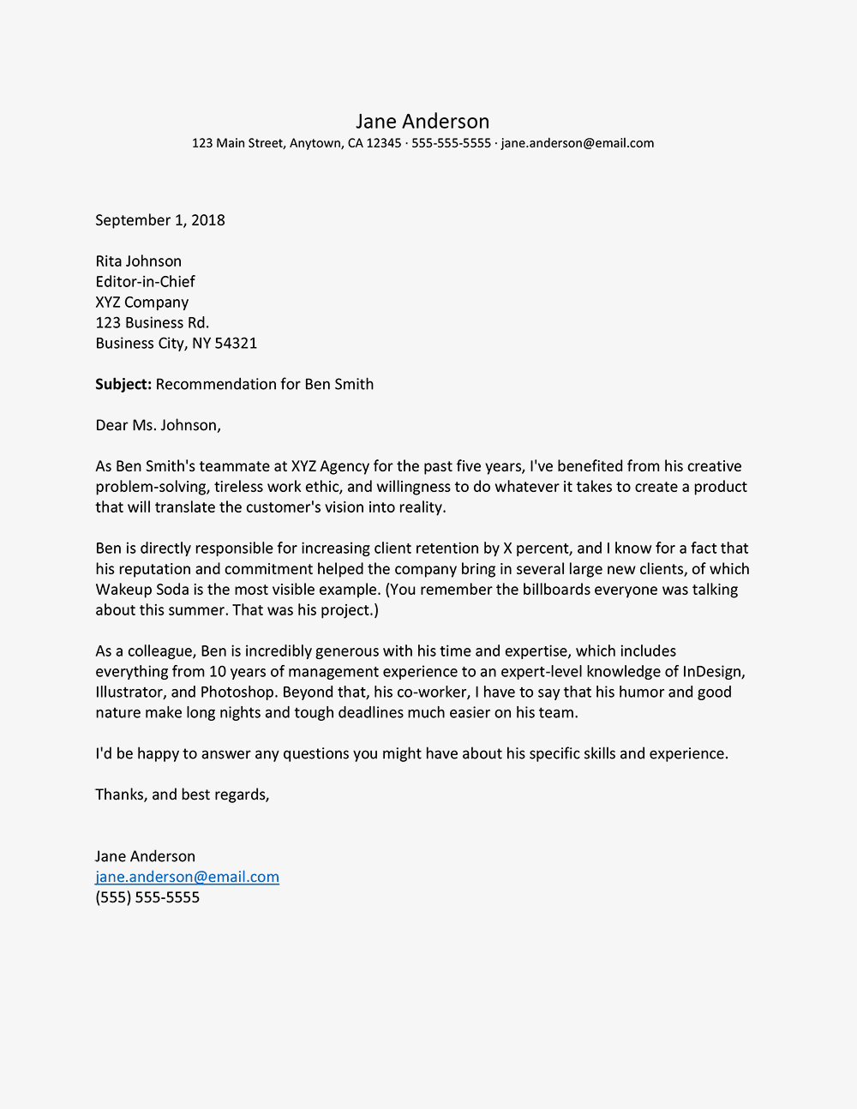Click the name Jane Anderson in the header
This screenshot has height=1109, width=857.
tap(423, 122)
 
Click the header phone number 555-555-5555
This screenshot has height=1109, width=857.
tap(451, 143)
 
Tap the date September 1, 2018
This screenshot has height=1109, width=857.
tap(160, 220)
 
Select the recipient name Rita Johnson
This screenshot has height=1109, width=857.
tap(138, 261)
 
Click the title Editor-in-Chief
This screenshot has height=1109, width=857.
tap(145, 282)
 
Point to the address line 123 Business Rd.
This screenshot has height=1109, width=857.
tap(152, 323)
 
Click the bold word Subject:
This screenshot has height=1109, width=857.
tap(123, 385)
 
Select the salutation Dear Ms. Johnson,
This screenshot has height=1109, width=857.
tap(158, 426)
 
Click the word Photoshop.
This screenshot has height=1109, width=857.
tap(237, 693)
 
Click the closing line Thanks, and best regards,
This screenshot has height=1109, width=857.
tap(182, 795)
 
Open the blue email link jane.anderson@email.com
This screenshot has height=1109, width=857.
tap(187, 878)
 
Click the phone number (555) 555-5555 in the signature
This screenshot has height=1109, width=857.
tap(147, 898)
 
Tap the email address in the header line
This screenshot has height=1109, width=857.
tap(577, 143)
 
